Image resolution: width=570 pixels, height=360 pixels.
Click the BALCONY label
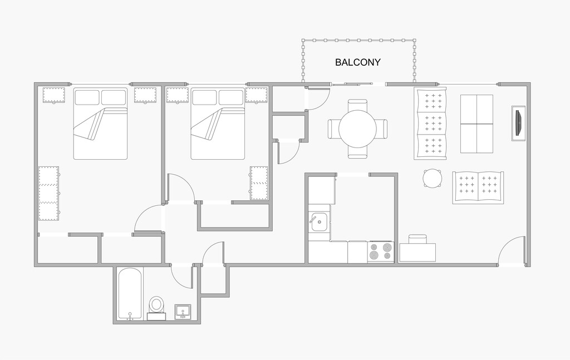click(357, 62)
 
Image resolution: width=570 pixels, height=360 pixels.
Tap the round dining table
click(357, 129)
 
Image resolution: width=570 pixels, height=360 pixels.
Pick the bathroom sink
click(183, 311)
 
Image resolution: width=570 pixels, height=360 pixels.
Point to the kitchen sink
click(319, 222)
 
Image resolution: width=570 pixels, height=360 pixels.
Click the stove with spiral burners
click(381, 251)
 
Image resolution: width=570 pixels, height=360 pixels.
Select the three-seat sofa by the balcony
click(431, 124)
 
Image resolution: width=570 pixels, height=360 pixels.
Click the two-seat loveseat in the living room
click(478, 187)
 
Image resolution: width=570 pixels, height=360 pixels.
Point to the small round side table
click(433, 179)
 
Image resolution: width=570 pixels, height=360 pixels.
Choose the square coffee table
click(476, 124)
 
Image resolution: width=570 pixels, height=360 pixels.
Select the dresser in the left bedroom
click(48, 193)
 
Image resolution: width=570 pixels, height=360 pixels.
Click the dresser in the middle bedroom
click(259, 183)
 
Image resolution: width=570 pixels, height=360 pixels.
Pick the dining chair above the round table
click(357, 104)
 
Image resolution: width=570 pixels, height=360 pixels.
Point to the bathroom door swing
click(181, 275)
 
